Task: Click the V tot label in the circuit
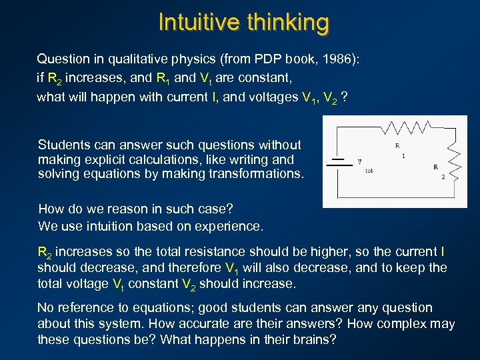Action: pos(363,164)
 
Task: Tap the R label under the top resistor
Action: pos(397,145)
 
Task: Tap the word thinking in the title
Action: pos(287,22)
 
